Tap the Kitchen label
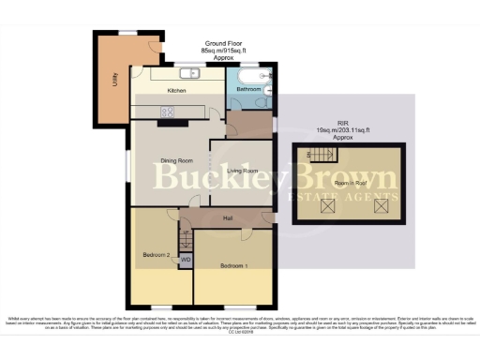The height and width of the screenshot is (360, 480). [177, 91]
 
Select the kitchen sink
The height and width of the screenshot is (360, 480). [188, 72]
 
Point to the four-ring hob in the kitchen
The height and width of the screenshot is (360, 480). [171, 112]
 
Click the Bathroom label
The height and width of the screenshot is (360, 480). [248, 89]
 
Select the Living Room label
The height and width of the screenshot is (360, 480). [242, 170]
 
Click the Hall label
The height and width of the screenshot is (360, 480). [227, 218]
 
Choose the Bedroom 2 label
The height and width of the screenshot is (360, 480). [157, 254]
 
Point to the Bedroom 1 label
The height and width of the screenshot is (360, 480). [234, 265]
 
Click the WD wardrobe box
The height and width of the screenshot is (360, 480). [185, 259]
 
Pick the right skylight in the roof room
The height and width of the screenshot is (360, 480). [381, 206]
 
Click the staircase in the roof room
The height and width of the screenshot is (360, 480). [323, 156]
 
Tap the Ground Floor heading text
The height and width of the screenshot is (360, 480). [223, 43]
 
